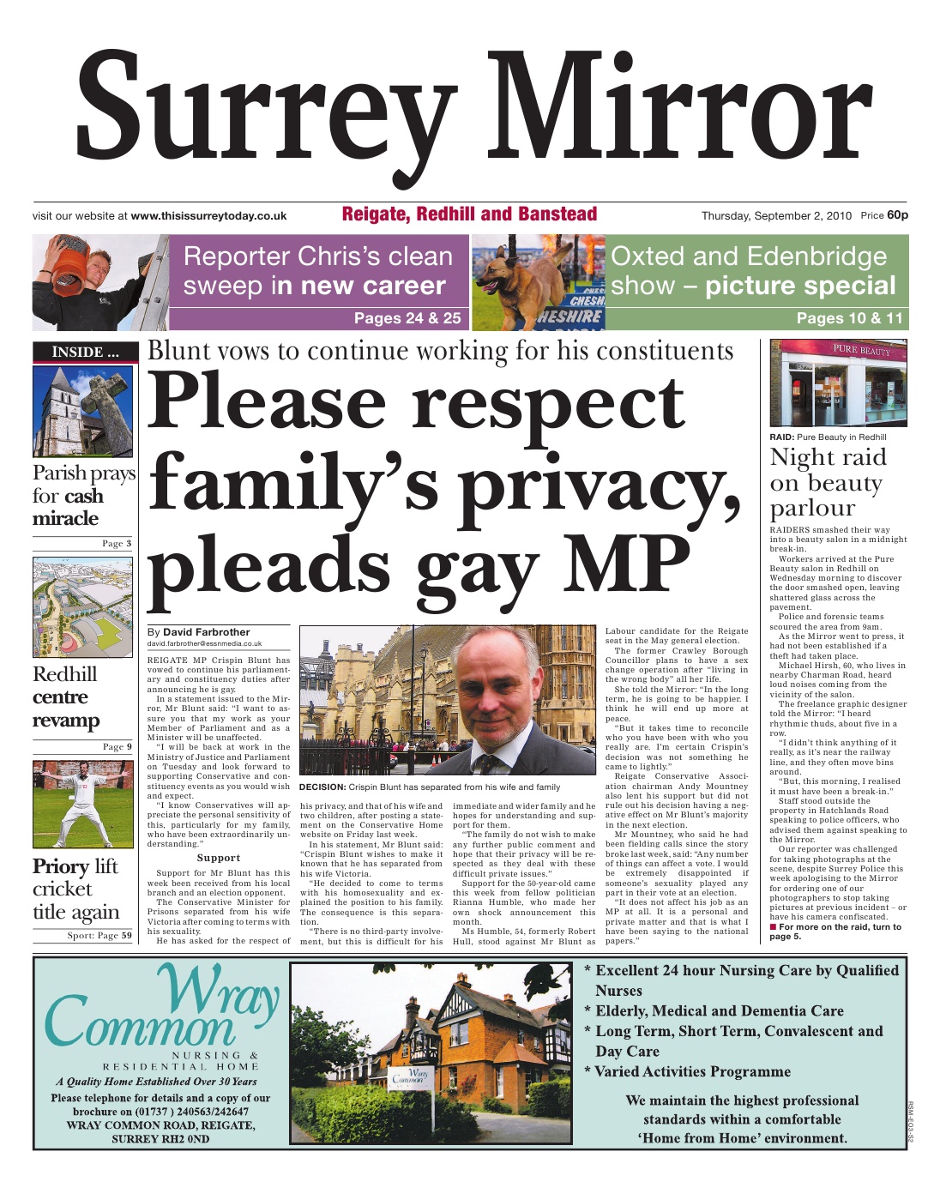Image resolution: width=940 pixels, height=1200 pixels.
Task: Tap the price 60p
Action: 897,215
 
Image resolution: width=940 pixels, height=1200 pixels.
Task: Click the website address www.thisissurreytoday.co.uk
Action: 208,216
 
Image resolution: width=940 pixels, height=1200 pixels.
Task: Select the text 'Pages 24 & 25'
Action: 407,318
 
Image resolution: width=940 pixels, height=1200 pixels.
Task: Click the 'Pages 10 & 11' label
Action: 849,318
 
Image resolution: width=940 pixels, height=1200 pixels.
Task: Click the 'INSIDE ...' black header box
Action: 84,352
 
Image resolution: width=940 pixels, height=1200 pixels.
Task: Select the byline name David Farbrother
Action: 207,632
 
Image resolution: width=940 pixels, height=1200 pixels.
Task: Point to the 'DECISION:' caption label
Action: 322,787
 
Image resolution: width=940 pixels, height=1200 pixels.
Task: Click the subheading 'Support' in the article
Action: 218,858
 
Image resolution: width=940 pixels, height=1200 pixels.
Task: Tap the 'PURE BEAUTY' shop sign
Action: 862,350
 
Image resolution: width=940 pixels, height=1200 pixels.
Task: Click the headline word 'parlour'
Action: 812,508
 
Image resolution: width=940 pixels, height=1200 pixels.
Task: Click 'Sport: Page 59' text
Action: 99,935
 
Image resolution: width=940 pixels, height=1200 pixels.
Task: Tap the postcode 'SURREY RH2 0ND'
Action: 160,1139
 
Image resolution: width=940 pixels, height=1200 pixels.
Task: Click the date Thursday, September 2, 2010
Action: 776,216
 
